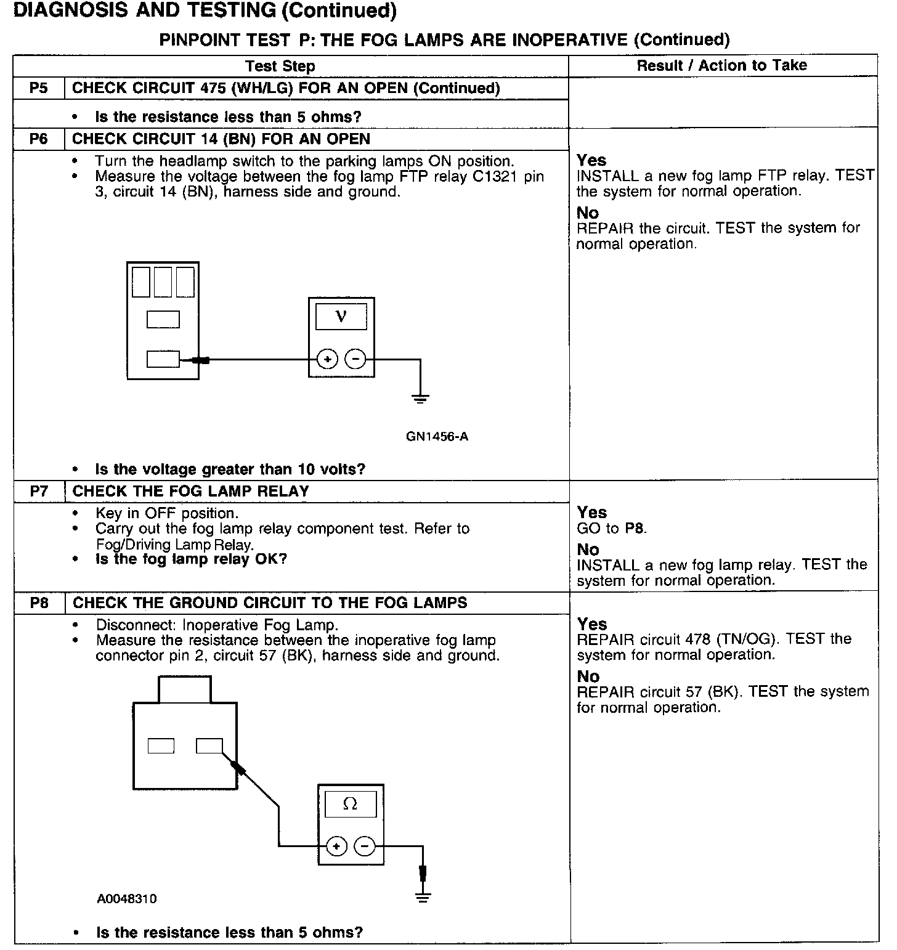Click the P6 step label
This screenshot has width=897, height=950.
(38, 139)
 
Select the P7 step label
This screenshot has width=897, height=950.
(38, 492)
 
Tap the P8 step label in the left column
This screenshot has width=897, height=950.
(39, 603)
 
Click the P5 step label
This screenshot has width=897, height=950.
(38, 88)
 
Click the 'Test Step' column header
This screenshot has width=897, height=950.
(280, 67)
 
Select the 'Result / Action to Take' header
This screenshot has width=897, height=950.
(721, 65)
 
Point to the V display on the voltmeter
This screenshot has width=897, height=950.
(341, 317)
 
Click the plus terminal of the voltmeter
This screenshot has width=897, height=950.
(328, 359)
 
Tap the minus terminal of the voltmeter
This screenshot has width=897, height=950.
(355, 359)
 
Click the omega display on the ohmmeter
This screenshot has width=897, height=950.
(350, 803)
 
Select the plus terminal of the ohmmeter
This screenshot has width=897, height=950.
(336, 846)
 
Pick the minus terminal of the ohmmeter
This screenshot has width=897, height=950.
(365, 846)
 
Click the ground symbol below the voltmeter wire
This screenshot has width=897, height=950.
(421, 399)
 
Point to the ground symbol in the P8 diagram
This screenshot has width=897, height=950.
(423, 896)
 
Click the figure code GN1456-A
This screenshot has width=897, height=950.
(437, 437)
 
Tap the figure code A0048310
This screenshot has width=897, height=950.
(126, 899)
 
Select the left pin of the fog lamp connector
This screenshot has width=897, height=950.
(161, 746)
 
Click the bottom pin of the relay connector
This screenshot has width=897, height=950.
(163, 359)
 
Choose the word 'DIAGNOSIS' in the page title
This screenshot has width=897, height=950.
(60, 11)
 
